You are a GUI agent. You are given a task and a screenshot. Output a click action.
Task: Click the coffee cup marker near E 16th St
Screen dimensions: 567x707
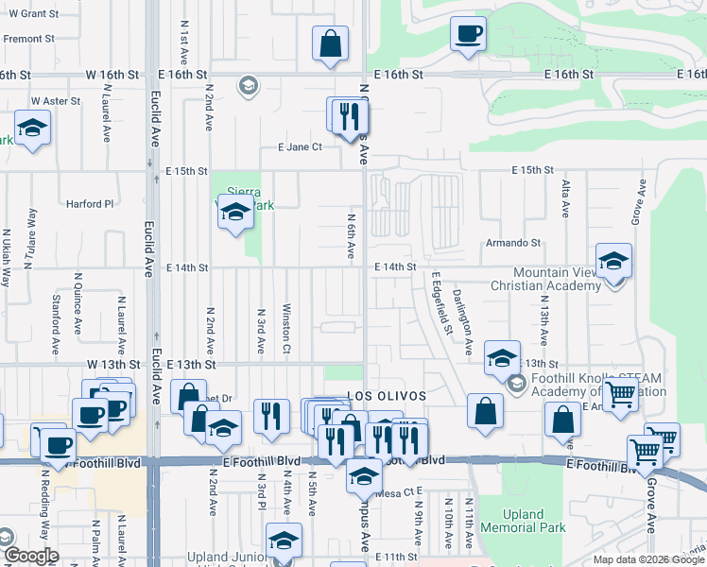468,36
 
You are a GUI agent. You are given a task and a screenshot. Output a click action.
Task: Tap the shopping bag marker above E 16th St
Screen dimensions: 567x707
330,43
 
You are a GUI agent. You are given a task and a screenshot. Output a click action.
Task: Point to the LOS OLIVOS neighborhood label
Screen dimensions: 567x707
387,395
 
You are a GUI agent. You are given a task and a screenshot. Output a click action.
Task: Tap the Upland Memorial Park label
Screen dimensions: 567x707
521,521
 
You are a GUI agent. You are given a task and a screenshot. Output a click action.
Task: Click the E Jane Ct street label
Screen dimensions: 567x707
300,147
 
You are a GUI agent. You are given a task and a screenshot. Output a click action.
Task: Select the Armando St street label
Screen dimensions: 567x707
512,243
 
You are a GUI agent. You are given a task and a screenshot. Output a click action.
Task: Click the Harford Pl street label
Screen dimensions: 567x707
89,203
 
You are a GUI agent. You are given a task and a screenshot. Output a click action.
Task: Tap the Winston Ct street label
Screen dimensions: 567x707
285,322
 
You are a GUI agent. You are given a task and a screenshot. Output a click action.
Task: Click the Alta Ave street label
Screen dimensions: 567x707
565,198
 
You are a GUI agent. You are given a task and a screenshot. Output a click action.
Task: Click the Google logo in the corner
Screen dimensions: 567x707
31,556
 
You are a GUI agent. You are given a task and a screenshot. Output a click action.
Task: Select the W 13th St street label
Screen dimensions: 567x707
112,365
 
